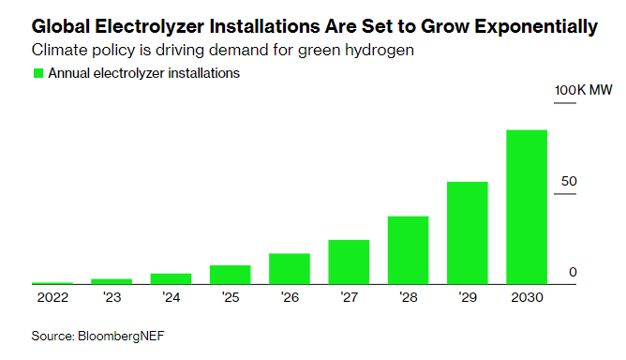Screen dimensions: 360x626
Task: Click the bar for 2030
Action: coord(527,207)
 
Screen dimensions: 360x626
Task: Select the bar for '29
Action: coord(467,232)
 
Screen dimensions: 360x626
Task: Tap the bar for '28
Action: coord(408,250)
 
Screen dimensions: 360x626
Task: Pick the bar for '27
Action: coord(349,262)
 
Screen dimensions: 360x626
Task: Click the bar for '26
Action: coord(289,268)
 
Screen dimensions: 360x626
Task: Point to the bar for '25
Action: coord(230,275)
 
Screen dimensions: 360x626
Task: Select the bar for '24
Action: coord(171,278)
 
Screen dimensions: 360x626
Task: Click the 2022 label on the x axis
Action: coord(52,297)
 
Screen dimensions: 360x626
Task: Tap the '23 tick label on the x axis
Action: coord(111,297)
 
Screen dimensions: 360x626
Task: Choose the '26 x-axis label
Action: coord(289,297)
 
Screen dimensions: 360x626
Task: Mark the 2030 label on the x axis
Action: coord(527,297)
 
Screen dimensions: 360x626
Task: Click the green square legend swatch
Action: coord(37,73)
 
